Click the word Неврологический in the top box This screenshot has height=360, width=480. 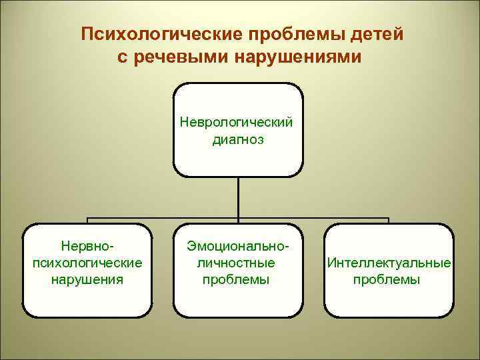click(x=238, y=123)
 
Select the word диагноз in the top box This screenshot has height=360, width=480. click(x=238, y=139)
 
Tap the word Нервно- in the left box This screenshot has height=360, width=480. click(x=87, y=247)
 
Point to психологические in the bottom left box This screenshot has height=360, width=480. click(x=87, y=263)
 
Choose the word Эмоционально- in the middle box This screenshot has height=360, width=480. click(x=238, y=247)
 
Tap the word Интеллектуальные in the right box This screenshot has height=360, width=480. click(x=389, y=263)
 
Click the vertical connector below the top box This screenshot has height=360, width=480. click(x=238, y=197)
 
